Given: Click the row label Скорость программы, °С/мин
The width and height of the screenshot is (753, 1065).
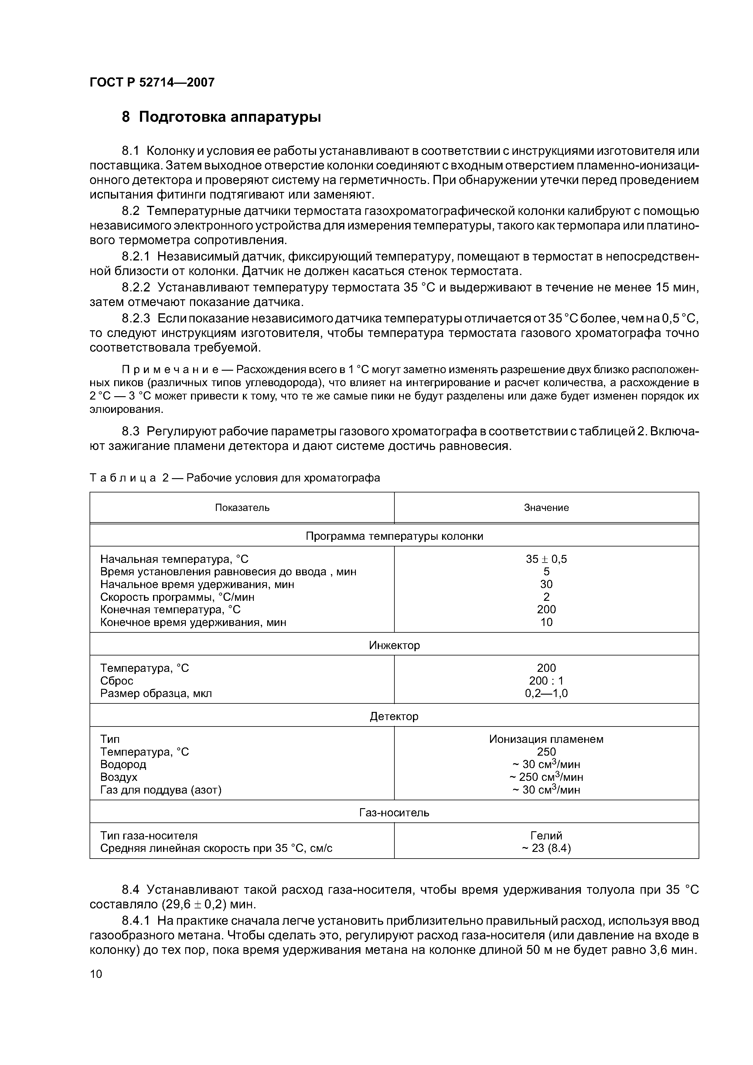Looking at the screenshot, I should point(177,597).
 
